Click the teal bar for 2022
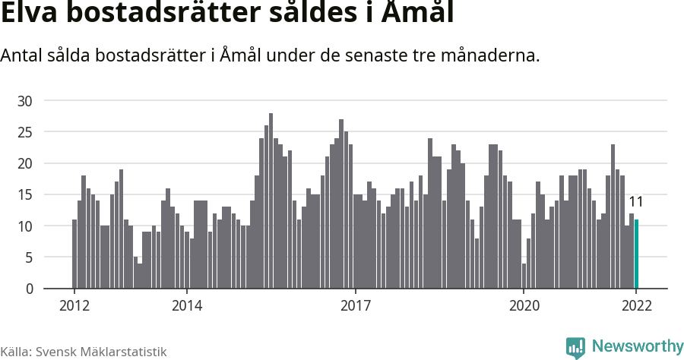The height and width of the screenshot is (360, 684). (637, 254)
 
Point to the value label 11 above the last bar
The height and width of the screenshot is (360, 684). (636, 202)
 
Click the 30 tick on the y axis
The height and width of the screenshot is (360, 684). (25, 101)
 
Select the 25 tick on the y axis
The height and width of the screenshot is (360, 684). (25, 132)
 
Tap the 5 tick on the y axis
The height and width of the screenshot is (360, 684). (29, 257)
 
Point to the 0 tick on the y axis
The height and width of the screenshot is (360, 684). (29, 289)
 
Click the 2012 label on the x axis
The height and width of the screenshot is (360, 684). (74, 306)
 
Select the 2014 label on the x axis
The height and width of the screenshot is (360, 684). (187, 306)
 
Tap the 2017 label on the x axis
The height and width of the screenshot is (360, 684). (356, 306)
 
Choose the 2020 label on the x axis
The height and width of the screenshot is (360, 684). (524, 306)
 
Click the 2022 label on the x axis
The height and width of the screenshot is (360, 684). (636, 306)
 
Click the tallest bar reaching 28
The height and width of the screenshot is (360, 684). (271, 201)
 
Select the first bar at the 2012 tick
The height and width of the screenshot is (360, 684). (74, 254)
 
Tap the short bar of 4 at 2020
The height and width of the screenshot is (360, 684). (524, 276)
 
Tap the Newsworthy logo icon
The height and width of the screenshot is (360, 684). (575, 347)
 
